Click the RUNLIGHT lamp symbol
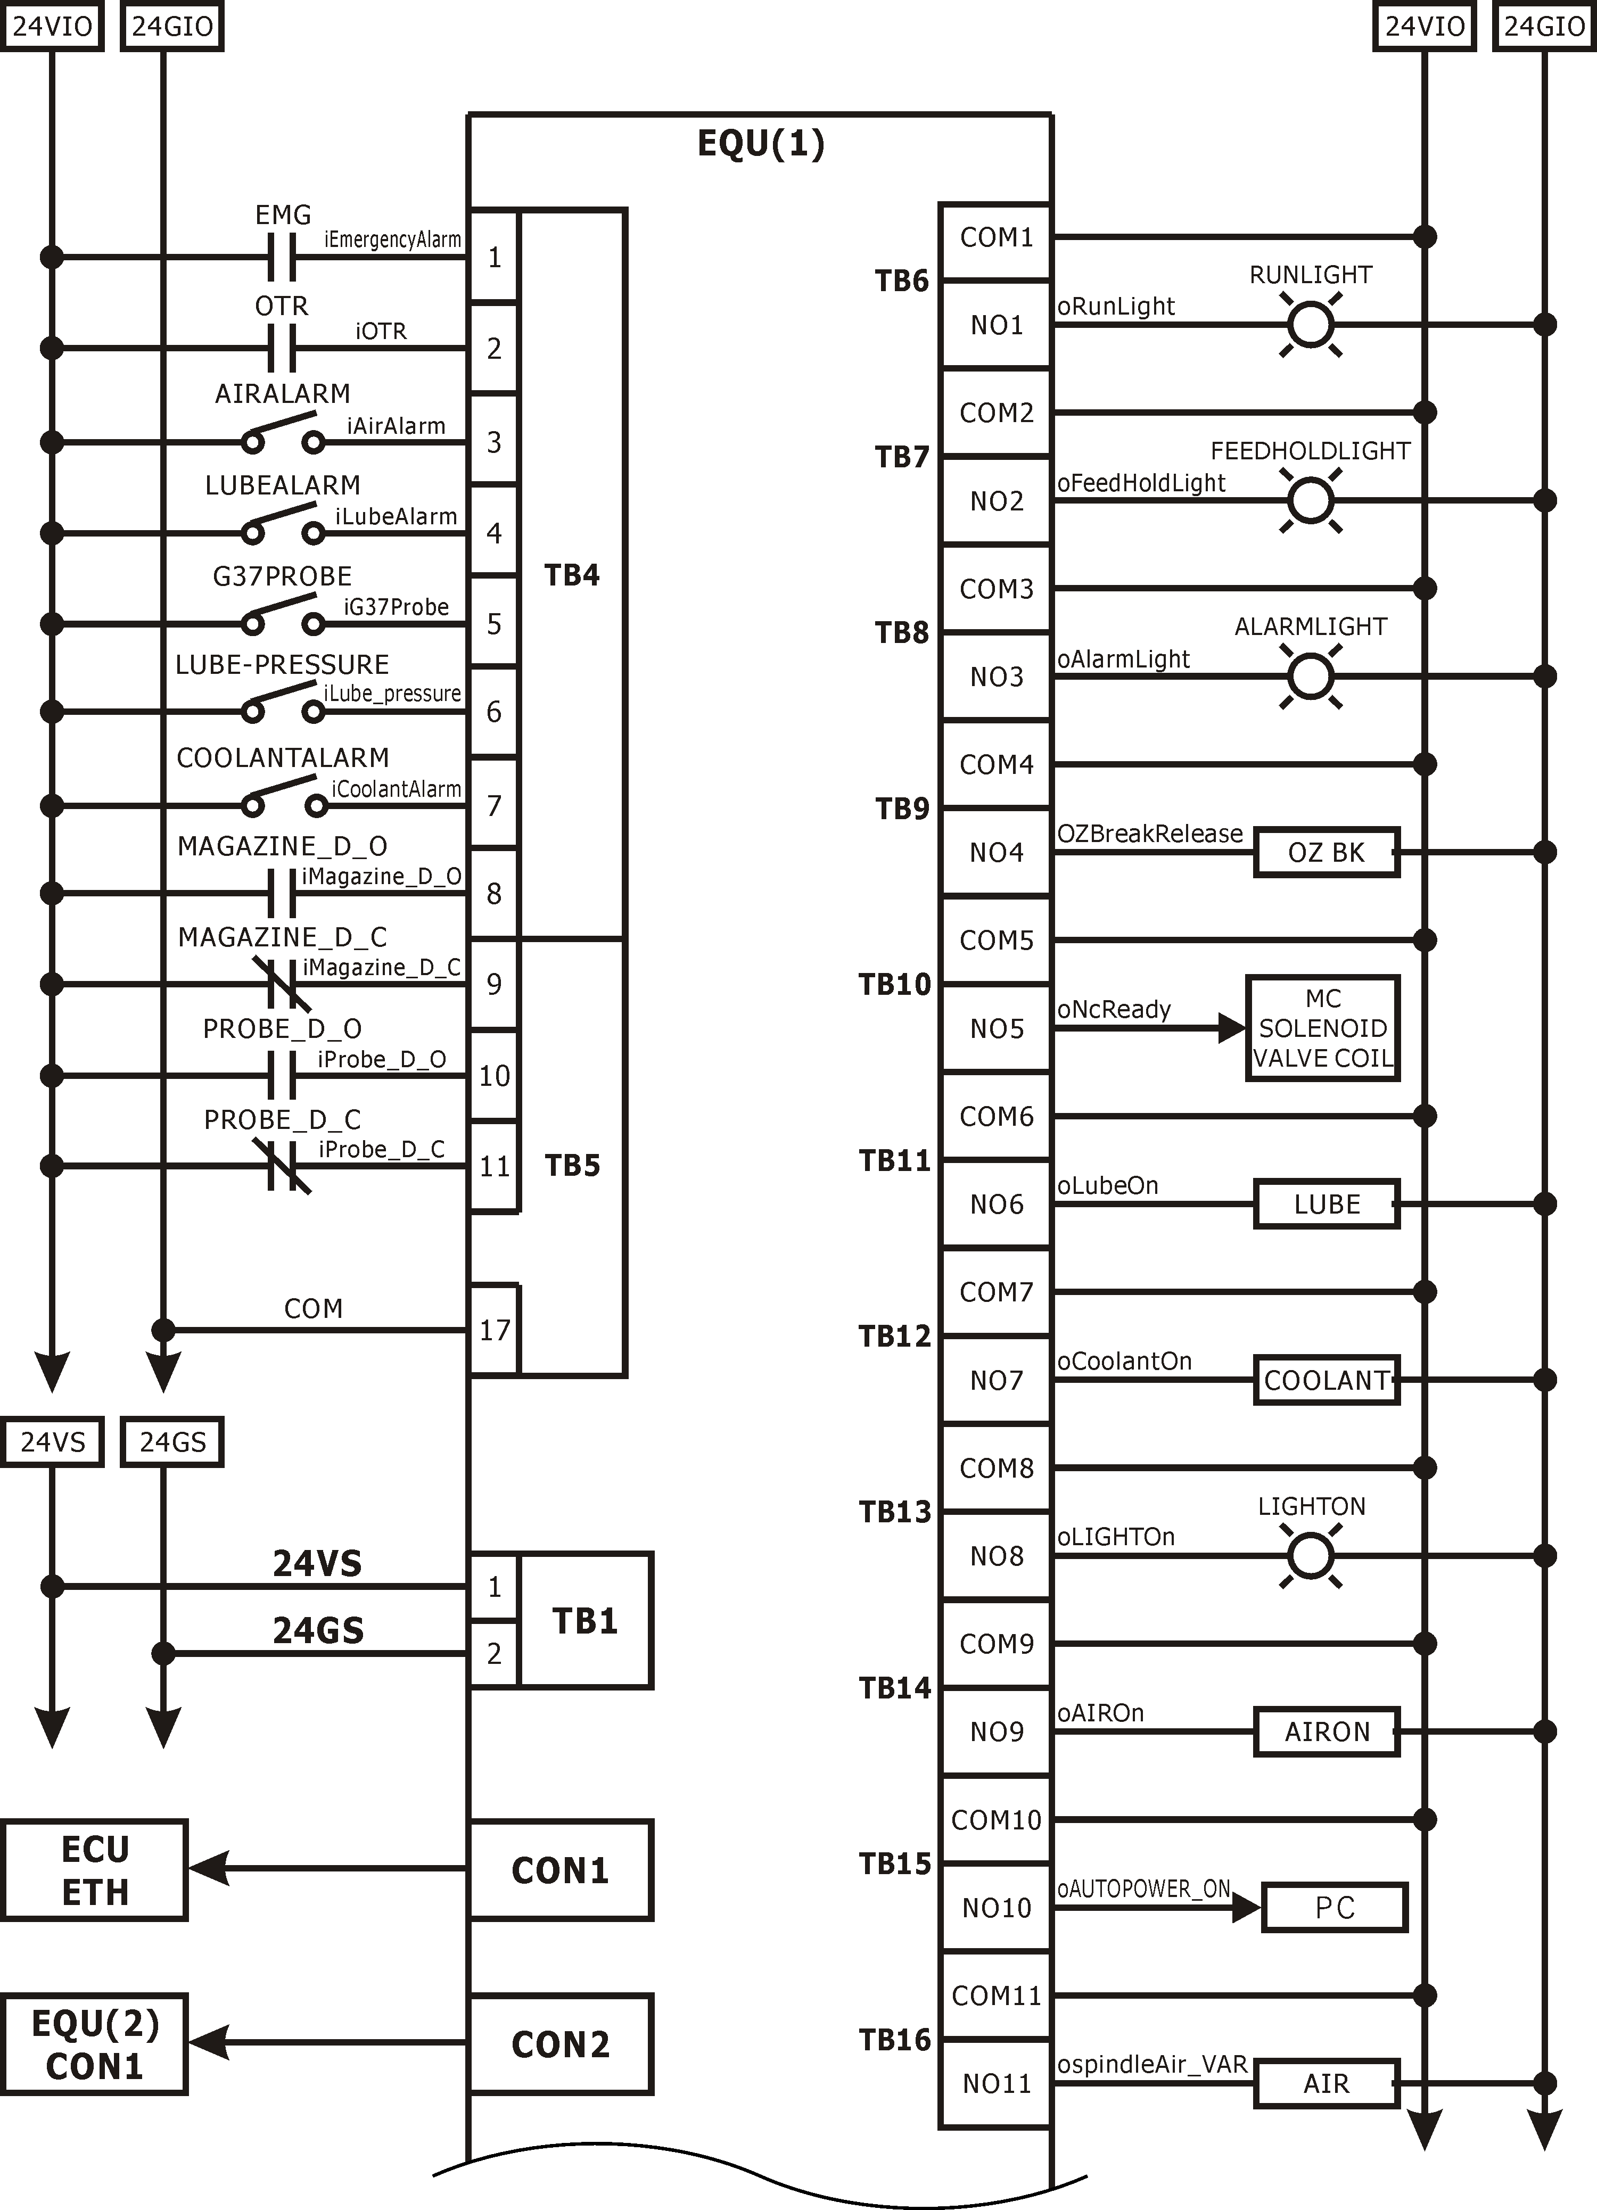click(1311, 325)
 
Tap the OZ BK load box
click(1326, 853)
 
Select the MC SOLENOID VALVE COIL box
click(1322, 1028)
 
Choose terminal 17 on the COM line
click(494, 1330)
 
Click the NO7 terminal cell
click(996, 1380)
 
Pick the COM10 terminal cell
click(996, 1819)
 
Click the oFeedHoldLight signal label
click(1141, 483)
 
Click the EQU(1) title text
click(761, 143)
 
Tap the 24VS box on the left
click(53, 1441)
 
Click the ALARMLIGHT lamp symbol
click(1311, 676)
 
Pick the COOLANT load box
click(1326, 1380)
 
